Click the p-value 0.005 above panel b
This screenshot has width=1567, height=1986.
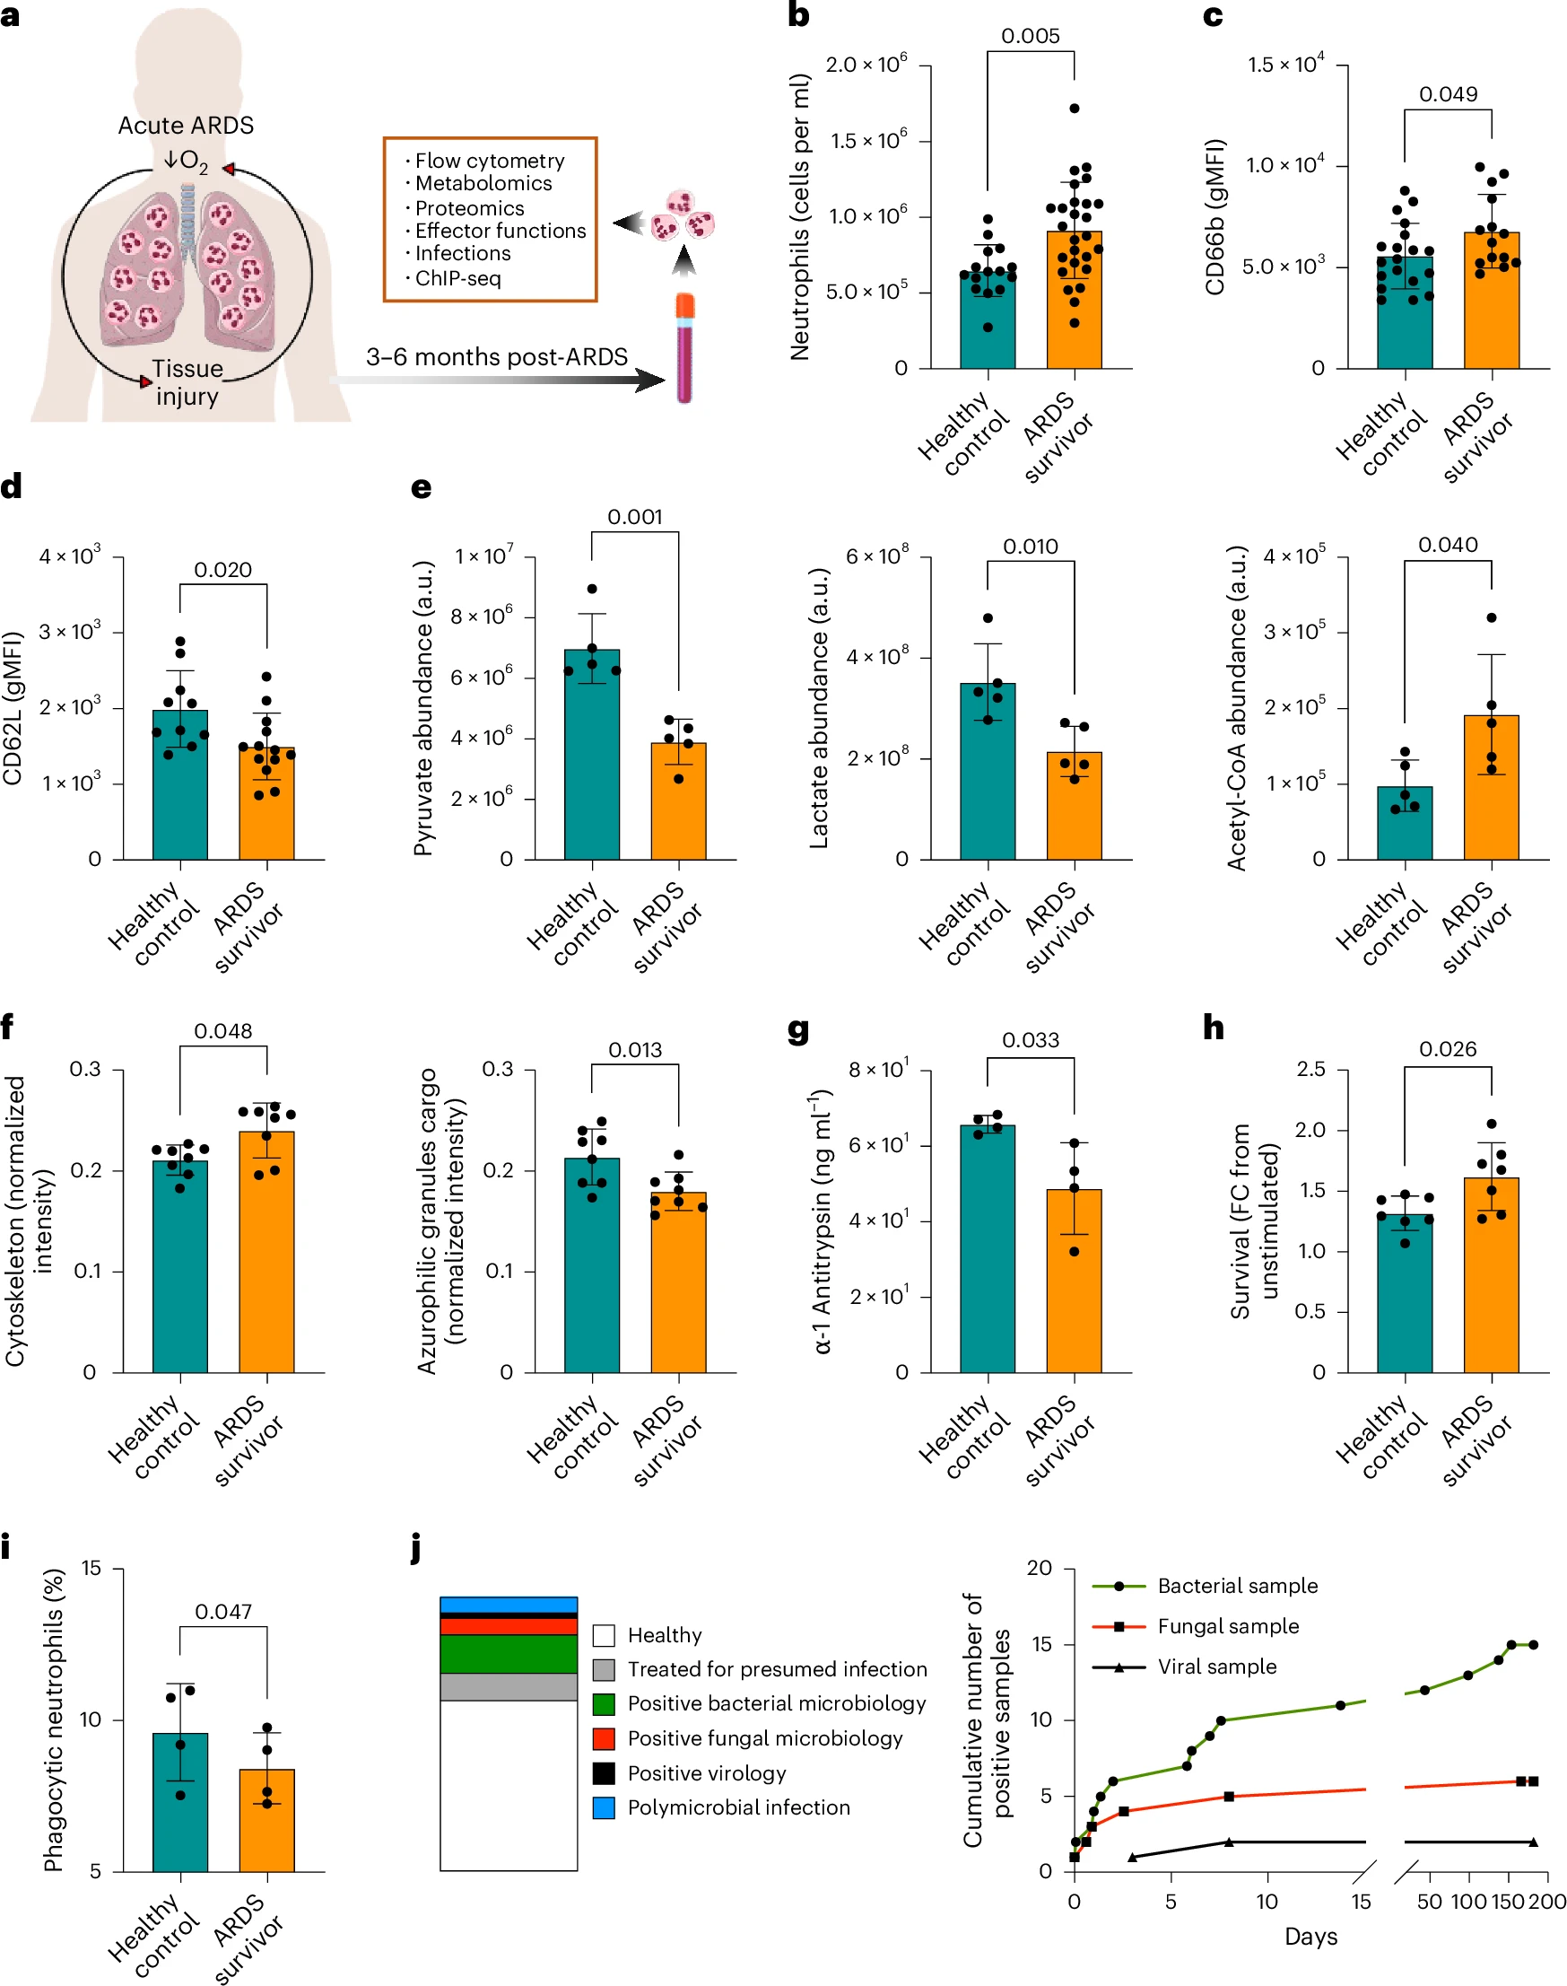coord(1031,36)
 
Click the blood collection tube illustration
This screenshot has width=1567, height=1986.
coord(684,349)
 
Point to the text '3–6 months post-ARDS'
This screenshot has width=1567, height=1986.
coord(496,357)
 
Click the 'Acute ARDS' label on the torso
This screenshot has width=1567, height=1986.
coord(186,126)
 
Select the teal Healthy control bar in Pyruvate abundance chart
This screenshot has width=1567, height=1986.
coord(592,762)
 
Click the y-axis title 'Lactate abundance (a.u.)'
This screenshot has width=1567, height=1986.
coord(818,707)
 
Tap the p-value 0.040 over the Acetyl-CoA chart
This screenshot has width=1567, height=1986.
coord(1448,545)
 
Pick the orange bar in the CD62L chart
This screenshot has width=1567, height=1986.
coord(267,808)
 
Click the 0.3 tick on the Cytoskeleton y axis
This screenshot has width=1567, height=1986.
coord(85,1069)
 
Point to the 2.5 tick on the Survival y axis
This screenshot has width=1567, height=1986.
coord(1311,1069)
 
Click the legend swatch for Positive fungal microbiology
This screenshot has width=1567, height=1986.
coord(604,1738)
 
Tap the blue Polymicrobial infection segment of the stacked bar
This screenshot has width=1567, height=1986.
coord(509,1605)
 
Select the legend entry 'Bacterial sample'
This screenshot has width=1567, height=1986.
coord(1237,1586)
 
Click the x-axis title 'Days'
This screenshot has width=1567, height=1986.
coord(1310,1937)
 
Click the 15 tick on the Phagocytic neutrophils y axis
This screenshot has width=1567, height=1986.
coord(91,1569)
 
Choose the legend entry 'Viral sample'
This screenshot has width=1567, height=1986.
coord(1216,1667)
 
